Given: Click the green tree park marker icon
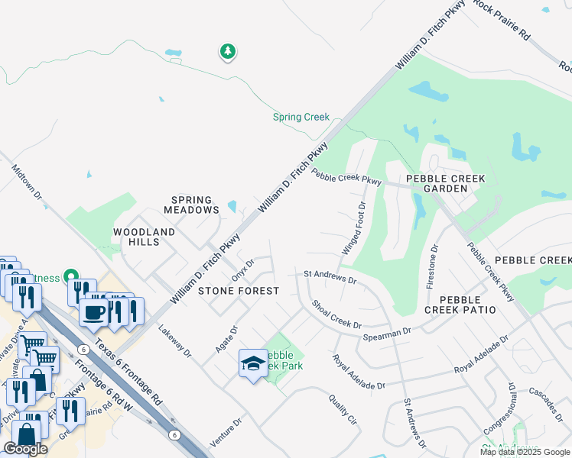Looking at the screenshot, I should [x=228, y=52].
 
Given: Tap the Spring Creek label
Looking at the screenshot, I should [x=301, y=118].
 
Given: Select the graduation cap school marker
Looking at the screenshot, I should [x=253, y=364].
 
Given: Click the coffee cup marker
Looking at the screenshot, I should [x=94, y=311].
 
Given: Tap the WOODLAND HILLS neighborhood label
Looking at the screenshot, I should [x=145, y=237].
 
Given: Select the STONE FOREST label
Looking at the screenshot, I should [x=238, y=291].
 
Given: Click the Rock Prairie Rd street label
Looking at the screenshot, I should [x=502, y=20].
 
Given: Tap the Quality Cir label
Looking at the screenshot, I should [x=343, y=409].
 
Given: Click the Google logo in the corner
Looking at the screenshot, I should [x=26, y=449].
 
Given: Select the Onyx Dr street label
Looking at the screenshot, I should [x=242, y=268].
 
